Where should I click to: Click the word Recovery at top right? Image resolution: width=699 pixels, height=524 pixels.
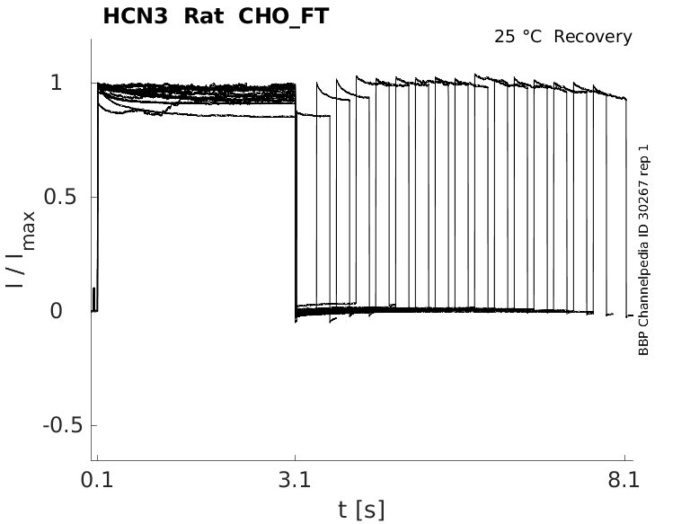pos(593,37)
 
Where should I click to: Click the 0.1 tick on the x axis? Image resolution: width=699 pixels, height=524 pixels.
pos(96,480)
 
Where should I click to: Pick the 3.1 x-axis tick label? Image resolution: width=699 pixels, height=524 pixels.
pos(295,480)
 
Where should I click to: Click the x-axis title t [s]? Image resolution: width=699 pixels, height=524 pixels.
pos(361,510)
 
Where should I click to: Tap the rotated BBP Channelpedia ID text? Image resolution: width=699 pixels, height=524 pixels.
pos(643,249)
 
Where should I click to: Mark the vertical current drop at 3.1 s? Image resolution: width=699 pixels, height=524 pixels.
pos(296,198)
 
